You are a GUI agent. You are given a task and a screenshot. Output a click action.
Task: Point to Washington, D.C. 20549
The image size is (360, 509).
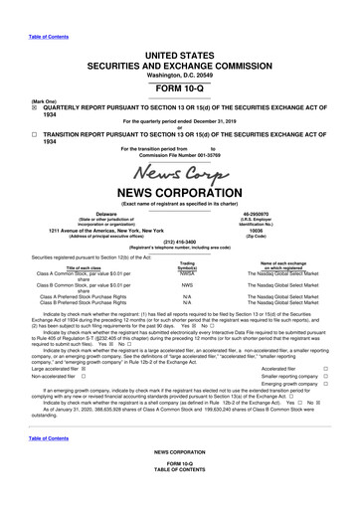point(180,86)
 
